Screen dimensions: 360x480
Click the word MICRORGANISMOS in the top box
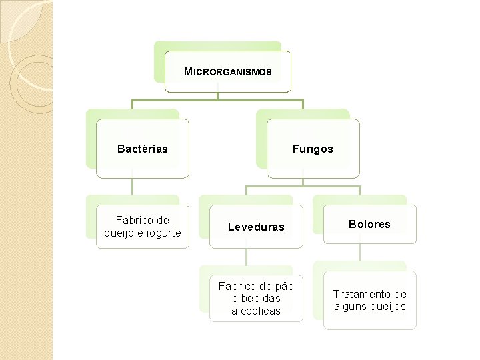point(228,72)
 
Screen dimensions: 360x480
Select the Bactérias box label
point(142,149)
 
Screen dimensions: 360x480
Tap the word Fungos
point(312,149)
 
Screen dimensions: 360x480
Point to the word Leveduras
point(256,227)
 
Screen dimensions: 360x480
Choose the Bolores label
point(369,224)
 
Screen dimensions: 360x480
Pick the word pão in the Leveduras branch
point(283,286)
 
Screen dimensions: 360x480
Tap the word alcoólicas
point(256,311)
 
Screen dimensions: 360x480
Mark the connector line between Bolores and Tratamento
point(360,251)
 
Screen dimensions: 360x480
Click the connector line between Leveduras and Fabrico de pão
point(247,257)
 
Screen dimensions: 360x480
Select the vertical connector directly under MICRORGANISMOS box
point(217,96)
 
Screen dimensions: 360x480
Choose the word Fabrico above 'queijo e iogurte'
point(133,220)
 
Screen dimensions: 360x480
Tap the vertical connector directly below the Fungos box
point(303,181)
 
